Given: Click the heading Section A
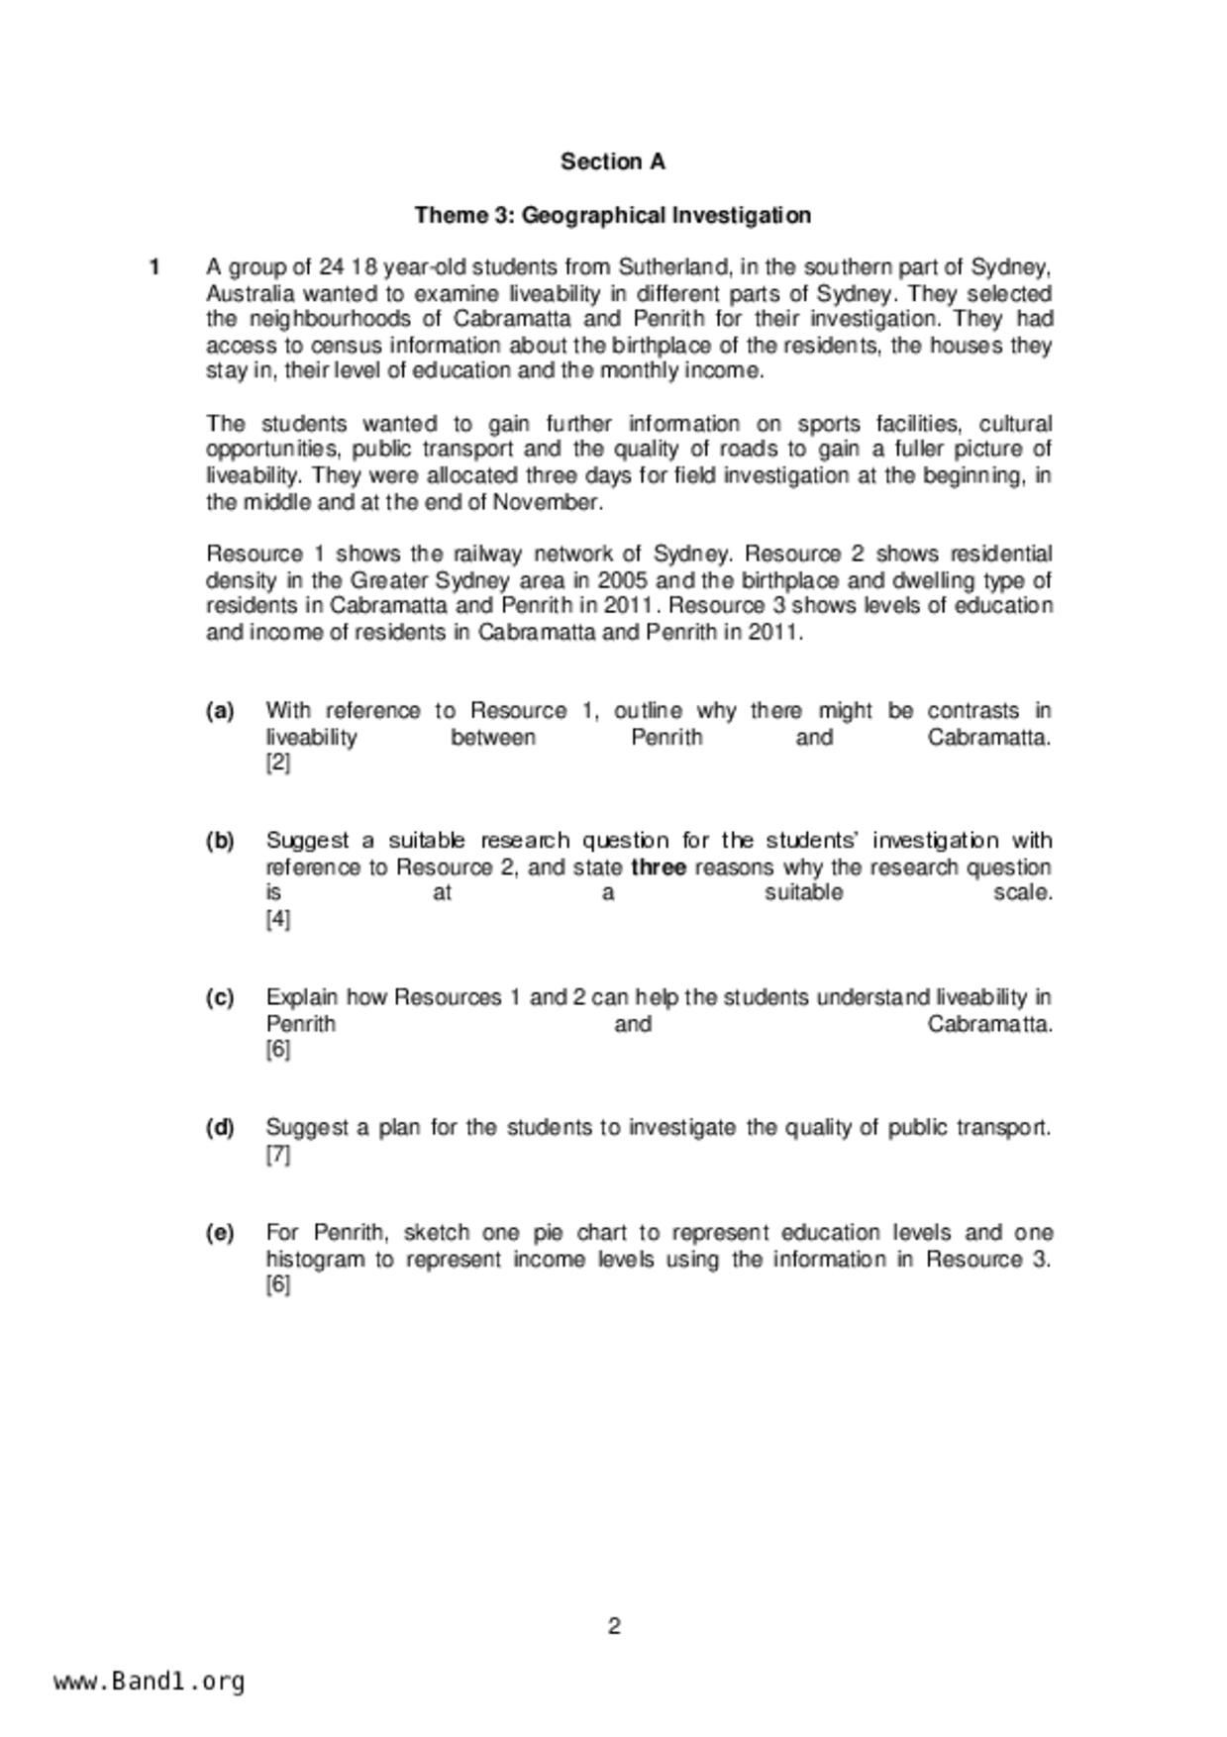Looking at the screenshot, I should [x=613, y=161].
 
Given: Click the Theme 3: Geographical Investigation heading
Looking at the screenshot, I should [x=613, y=215].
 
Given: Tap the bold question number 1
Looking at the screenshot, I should [x=154, y=267].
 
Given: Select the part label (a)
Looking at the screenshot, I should [x=220, y=711].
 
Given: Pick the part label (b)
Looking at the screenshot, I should [x=220, y=841].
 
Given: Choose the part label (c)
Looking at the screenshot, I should [x=220, y=997].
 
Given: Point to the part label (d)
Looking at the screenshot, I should [x=220, y=1128].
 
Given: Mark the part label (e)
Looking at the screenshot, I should [x=220, y=1233].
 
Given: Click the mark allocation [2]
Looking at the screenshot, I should [x=278, y=764].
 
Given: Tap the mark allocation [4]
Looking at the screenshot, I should [x=278, y=919].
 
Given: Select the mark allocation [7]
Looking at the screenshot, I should [x=278, y=1155].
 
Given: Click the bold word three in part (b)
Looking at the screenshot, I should [x=659, y=868].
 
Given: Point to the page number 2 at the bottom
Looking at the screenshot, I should [x=614, y=1626].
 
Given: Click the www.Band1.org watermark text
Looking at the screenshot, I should [x=150, y=1682].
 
